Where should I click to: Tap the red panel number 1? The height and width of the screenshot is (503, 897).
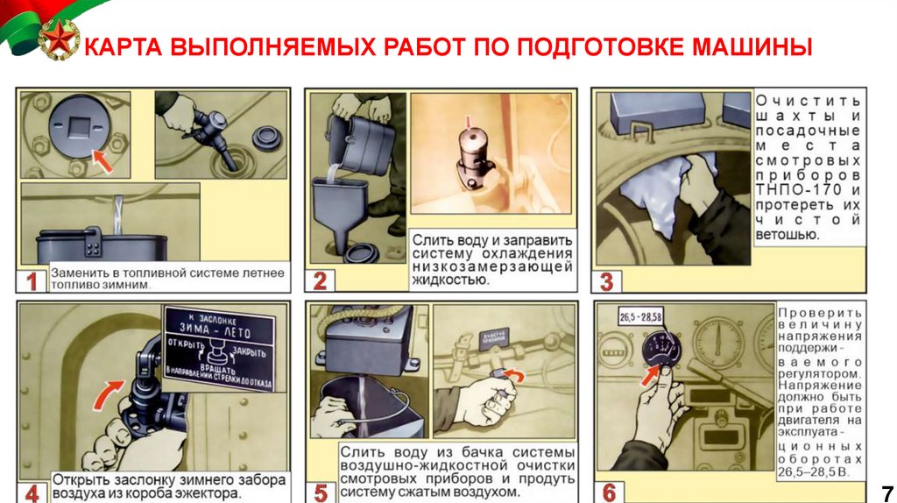(x=32, y=282)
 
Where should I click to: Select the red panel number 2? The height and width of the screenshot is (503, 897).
(x=320, y=281)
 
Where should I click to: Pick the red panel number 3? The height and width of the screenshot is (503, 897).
(x=607, y=281)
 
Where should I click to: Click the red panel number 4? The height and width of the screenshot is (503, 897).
(x=32, y=492)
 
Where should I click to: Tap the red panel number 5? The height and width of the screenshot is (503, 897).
(x=320, y=492)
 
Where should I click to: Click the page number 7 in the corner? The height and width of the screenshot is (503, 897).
(x=886, y=491)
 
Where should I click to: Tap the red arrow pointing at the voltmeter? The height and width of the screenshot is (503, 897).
(x=649, y=375)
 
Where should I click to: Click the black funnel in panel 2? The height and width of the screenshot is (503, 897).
(x=340, y=215)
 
